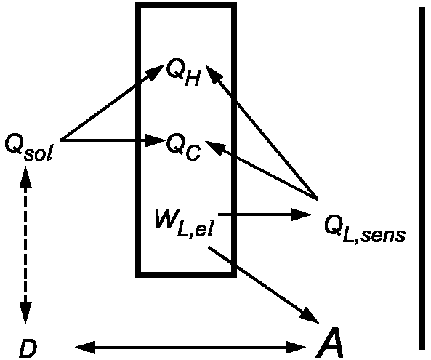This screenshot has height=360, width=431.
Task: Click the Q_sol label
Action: pyautogui.click(x=28, y=148)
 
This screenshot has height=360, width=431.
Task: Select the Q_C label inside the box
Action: pyautogui.click(x=183, y=147)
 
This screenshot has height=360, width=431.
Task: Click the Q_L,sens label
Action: pyautogui.click(x=364, y=229)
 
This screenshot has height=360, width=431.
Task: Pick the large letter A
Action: pyautogui.click(x=329, y=342)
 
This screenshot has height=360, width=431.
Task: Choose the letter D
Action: pyautogui.click(x=28, y=348)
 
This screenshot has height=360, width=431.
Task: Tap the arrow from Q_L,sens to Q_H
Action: pyautogui.click(x=262, y=133)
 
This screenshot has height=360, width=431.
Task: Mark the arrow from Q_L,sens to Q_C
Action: pyautogui.click(x=262, y=170)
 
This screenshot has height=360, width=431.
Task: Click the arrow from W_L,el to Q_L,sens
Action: pyautogui.click(x=265, y=215)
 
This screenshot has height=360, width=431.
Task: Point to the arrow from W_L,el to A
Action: pyautogui.click(x=264, y=284)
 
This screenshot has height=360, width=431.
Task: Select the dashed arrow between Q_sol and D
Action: pyautogui.click(x=25, y=244)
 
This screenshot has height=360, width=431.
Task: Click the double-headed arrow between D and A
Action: pyautogui.click(x=190, y=348)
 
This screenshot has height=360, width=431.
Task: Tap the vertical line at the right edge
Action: pyautogui.click(x=422, y=178)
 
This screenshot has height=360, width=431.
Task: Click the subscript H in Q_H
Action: pyautogui.click(x=193, y=79)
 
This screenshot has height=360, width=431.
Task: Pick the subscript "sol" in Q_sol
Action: pyautogui.click(x=39, y=153)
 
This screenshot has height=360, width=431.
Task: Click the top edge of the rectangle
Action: pyautogui.click(x=186, y=5)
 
